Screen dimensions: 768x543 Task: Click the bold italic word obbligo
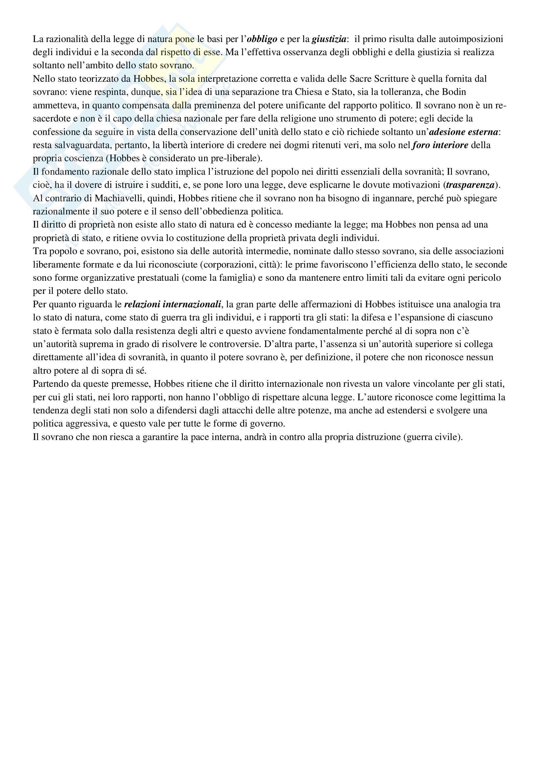point(262,39)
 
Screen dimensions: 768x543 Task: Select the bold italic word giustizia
point(329,39)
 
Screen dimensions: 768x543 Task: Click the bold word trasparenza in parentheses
point(470,185)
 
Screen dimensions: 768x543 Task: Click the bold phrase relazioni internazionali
point(172,304)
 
